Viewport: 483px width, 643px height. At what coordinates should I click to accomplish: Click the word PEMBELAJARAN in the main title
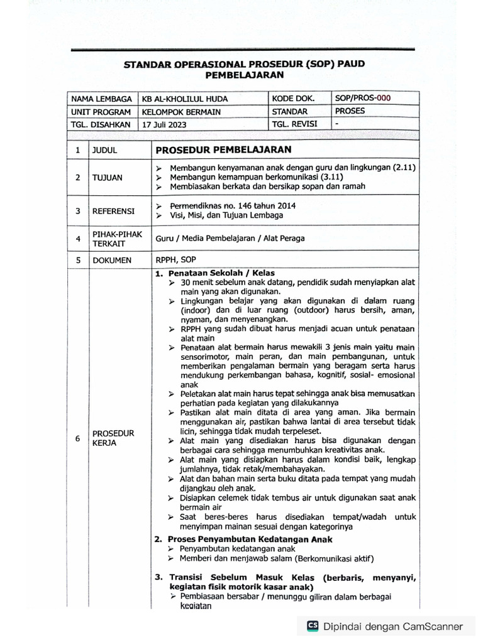click(x=244, y=75)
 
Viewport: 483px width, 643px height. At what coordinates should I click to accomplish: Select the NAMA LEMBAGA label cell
click(x=101, y=99)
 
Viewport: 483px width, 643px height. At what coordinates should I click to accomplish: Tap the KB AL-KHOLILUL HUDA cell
click(x=184, y=99)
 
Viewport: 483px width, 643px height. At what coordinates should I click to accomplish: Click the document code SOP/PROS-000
click(x=363, y=98)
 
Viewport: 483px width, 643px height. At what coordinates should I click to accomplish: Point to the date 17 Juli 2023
click(x=164, y=124)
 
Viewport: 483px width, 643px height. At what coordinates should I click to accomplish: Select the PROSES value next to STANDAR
click(x=350, y=111)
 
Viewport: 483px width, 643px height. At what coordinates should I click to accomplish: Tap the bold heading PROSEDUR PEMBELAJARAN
click(x=223, y=149)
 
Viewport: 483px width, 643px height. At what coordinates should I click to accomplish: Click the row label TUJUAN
click(x=107, y=178)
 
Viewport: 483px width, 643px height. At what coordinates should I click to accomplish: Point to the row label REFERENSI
click(x=113, y=211)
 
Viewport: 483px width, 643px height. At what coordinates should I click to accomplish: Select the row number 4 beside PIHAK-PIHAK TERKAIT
click(x=77, y=239)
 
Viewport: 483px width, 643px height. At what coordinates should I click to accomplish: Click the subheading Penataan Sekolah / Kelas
click(x=220, y=274)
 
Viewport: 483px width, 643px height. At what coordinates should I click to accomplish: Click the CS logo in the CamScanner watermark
click(x=313, y=625)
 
